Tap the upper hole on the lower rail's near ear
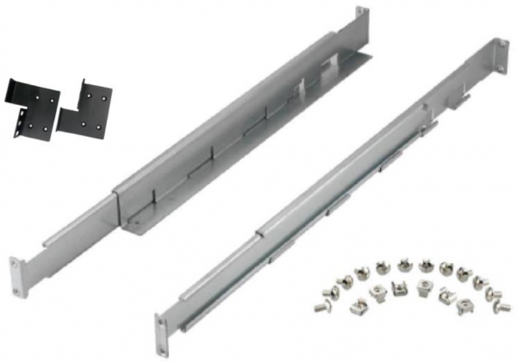(x=160, y=324)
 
